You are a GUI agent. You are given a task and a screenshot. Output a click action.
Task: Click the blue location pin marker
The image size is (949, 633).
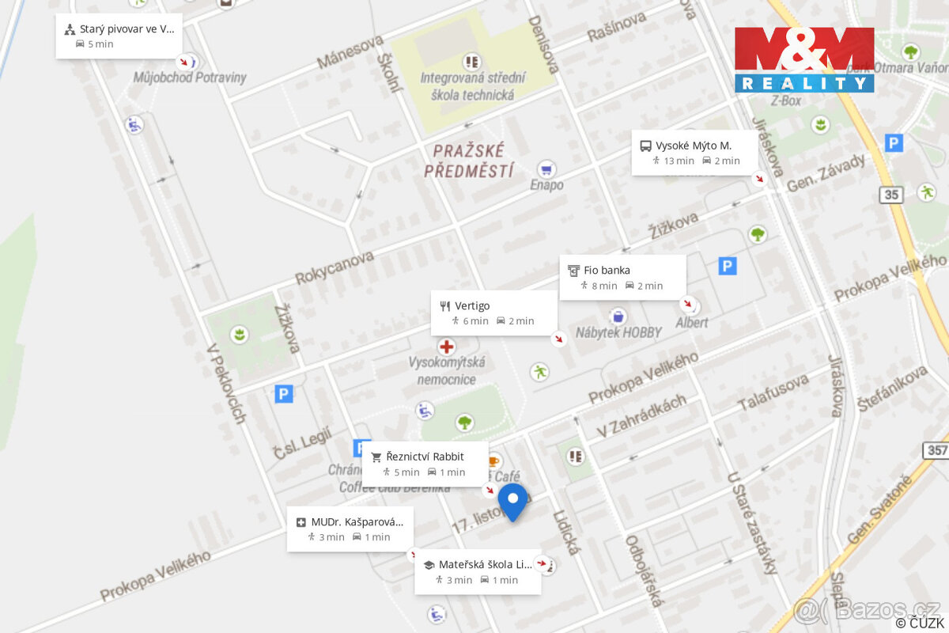tap(512, 500)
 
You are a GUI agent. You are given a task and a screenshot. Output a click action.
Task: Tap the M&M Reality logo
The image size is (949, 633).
tap(803, 60)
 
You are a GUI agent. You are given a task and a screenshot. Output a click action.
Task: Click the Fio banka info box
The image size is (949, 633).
tap(622, 277)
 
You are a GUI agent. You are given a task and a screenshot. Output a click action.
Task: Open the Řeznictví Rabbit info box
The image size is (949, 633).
tap(425, 464)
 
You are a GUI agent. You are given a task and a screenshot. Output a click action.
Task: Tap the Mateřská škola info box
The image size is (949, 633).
tap(478, 571)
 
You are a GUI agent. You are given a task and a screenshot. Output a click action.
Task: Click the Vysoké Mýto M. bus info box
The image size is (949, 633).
tap(694, 153)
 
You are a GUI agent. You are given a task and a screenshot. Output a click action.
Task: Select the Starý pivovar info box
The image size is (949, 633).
tap(119, 36)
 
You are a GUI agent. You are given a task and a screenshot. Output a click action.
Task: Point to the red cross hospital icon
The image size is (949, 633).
tap(447, 347)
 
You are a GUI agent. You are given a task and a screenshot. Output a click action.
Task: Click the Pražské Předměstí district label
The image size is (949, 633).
tap(469, 160)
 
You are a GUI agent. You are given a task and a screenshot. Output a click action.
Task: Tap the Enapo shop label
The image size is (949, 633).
tap(546, 184)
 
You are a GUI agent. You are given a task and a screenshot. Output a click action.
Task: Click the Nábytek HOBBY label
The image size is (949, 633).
tap(618, 332)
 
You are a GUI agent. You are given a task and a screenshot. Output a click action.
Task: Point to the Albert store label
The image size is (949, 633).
tap(692, 323)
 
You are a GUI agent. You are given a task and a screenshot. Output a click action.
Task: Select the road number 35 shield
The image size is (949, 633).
tap(892, 195)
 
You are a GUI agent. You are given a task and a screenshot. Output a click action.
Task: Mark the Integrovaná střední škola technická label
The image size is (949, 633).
tap(472, 86)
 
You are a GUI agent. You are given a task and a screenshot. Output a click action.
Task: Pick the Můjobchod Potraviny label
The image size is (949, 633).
tap(190, 78)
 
